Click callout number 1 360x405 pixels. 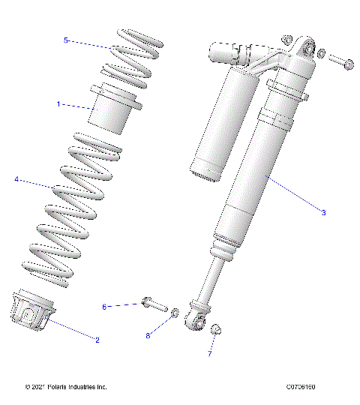(x=59, y=104)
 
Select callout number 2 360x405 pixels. (x=97, y=340)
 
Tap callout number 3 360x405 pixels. (x=323, y=213)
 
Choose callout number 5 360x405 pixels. (x=66, y=40)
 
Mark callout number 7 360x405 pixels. (x=210, y=352)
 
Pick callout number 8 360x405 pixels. (x=148, y=336)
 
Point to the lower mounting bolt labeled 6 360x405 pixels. (x=154, y=305)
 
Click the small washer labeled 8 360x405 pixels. (x=174, y=313)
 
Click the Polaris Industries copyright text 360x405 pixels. (x=66, y=387)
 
